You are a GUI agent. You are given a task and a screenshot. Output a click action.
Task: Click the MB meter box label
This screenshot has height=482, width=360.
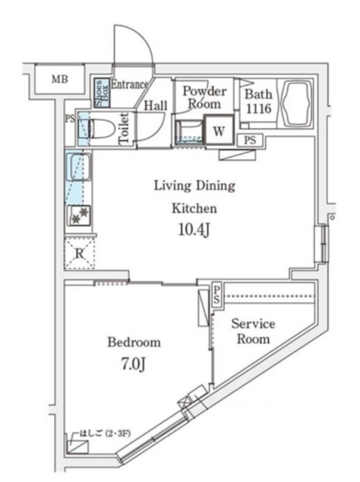tap(59, 79)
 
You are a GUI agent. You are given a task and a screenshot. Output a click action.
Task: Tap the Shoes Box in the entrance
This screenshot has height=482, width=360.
tap(102, 93)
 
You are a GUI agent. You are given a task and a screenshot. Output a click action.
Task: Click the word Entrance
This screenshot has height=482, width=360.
tap(129, 84)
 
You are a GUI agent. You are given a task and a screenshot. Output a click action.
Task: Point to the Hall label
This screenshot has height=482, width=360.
tap(156, 105)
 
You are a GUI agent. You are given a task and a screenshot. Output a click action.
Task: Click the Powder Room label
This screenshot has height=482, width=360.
tap(204, 97)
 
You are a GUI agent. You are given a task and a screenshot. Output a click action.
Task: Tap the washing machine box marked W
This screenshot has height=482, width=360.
tap(219, 130)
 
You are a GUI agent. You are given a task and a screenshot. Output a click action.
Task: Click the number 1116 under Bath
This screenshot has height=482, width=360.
tap(258, 108)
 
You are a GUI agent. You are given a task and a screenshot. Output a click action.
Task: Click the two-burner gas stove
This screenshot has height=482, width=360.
tap(80, 215)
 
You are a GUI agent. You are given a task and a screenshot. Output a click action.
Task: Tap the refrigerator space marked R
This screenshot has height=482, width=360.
tap(79, 253)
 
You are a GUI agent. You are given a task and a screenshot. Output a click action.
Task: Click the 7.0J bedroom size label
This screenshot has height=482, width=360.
tap(133, 365)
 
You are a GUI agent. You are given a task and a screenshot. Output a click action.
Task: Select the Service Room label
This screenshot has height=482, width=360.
tap(253, 331)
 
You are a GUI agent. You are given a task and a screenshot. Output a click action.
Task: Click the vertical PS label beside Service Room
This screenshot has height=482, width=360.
tap(217, 294)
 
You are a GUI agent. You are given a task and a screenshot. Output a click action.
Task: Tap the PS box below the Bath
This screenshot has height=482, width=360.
tap(251, 140)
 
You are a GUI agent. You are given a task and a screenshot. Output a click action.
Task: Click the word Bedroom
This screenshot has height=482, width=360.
tap(134, 342)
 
